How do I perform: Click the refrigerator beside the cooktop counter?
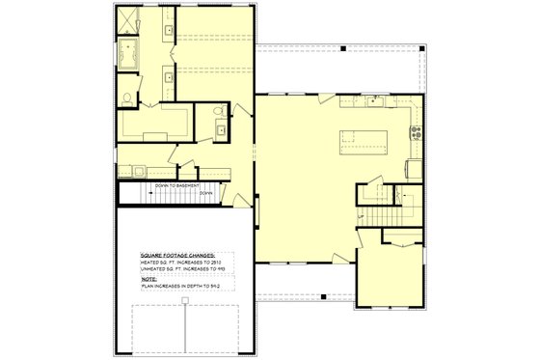(x=415, y=169)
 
